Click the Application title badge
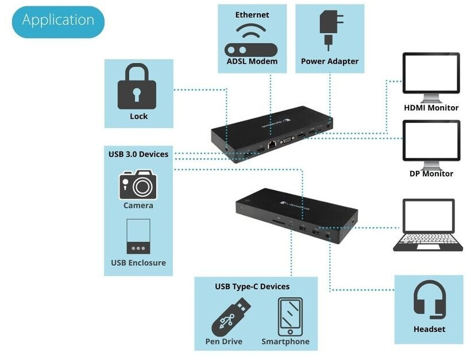click(58, 21)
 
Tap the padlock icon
click(137, 88)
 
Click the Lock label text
click(138, 116)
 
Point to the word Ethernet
click(252, 14)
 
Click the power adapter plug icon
click(329, 29)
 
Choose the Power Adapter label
click(330, 61)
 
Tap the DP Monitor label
click(431, 173)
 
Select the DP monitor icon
click(431, 143)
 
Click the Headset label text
click(429, 329)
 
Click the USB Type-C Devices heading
click(252, 286)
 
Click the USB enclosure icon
click(138, 236)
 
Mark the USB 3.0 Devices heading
click(138, 154)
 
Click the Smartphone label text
click(285, 342)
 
